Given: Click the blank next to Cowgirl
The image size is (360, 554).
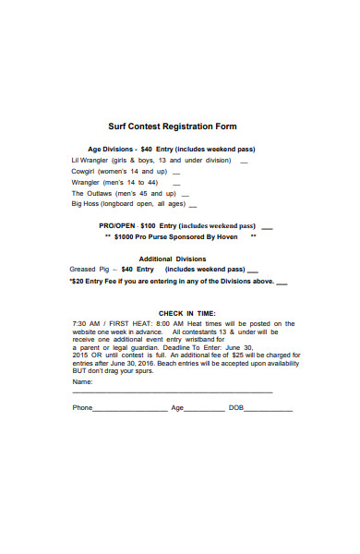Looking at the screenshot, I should (x=176, y=172).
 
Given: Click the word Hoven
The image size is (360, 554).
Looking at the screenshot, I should (x=227, y=236).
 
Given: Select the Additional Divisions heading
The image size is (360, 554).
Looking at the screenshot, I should (x=172, y=259).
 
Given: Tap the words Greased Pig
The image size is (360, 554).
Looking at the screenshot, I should (x=90, y=270).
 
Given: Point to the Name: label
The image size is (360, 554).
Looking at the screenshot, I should (x=83, y=381).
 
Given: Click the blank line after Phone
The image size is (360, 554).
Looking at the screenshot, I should (x=130, y=408).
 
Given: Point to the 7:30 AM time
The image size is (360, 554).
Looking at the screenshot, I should (x=84, y=323).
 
